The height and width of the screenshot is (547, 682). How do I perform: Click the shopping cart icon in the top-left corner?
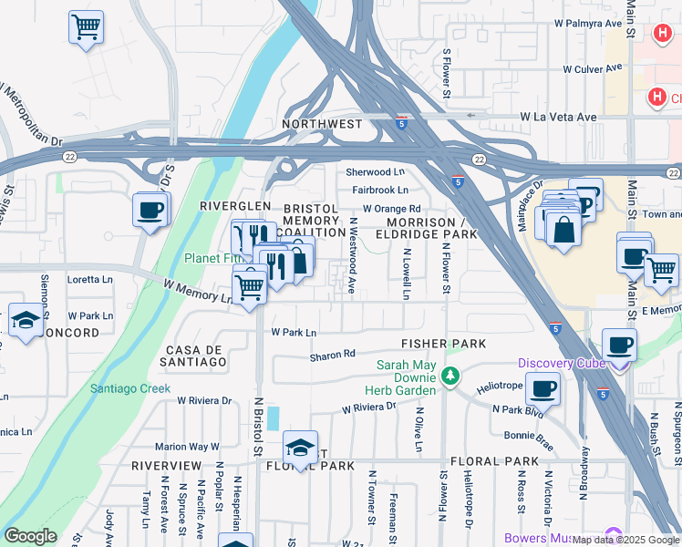tap(86, 27)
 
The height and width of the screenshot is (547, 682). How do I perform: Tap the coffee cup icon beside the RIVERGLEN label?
tap(150, 210)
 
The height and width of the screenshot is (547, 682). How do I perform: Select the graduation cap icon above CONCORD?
tap(26, 321)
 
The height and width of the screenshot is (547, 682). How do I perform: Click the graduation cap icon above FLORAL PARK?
tap(300, 448)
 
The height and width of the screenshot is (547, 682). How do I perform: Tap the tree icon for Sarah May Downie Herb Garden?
tap(449, 376)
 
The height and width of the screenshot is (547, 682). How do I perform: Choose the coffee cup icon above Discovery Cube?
tap(619, 345)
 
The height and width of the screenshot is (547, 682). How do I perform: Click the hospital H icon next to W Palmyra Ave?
tap(663, 35)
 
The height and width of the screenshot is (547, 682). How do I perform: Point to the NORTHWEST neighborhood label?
tap(322, 123)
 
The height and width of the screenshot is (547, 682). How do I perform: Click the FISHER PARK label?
tap(444, 344)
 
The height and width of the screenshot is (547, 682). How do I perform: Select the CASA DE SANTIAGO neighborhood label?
tap(195, 356)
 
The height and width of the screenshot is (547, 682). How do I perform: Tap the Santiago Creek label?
tap(130, 388)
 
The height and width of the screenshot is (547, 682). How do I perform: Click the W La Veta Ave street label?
tap(558, 117)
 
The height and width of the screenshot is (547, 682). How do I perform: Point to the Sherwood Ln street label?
tap(375, 171)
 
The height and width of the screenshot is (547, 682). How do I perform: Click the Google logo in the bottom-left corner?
tap(30, 536)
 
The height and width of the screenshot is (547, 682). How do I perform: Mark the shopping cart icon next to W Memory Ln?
tap(249, 286)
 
